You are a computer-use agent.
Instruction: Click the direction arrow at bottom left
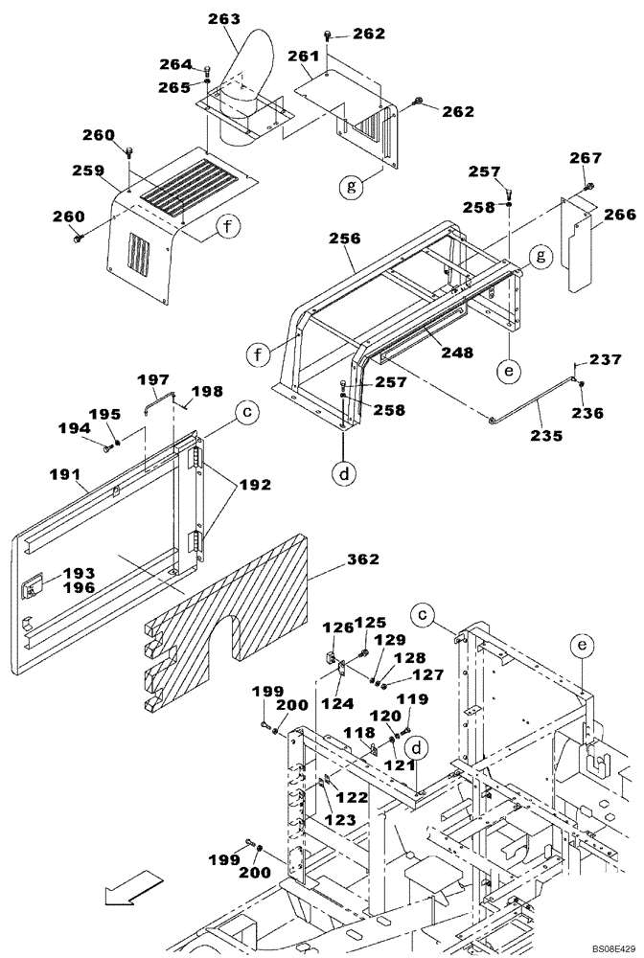(128, 887)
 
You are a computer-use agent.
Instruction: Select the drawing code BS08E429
(606, 945)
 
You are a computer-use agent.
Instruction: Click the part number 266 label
(620, 216)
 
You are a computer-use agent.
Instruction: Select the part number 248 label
(457, 354)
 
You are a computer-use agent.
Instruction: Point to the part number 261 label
(303, 57)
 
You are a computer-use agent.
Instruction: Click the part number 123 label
(339, 820)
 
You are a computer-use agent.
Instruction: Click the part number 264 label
(175, 64)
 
